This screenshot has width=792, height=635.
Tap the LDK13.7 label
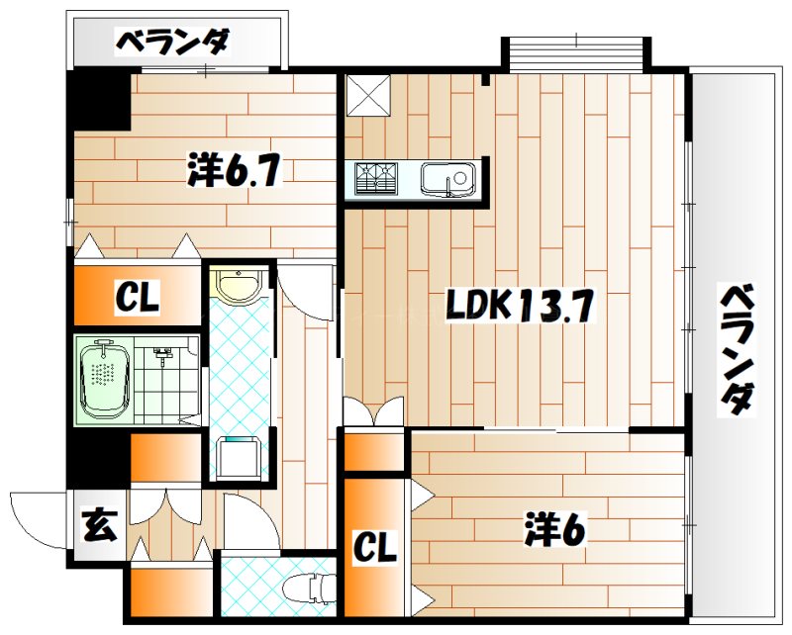(519, 309)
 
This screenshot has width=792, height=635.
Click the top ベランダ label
(174, 43)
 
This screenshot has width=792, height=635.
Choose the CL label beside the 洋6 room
(376, 547)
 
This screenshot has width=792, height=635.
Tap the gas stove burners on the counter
(377, 178)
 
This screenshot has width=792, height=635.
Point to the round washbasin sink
(240, 286)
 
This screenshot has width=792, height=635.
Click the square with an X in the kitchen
(368, 95)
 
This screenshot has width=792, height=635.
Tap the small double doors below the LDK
(374, 411)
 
